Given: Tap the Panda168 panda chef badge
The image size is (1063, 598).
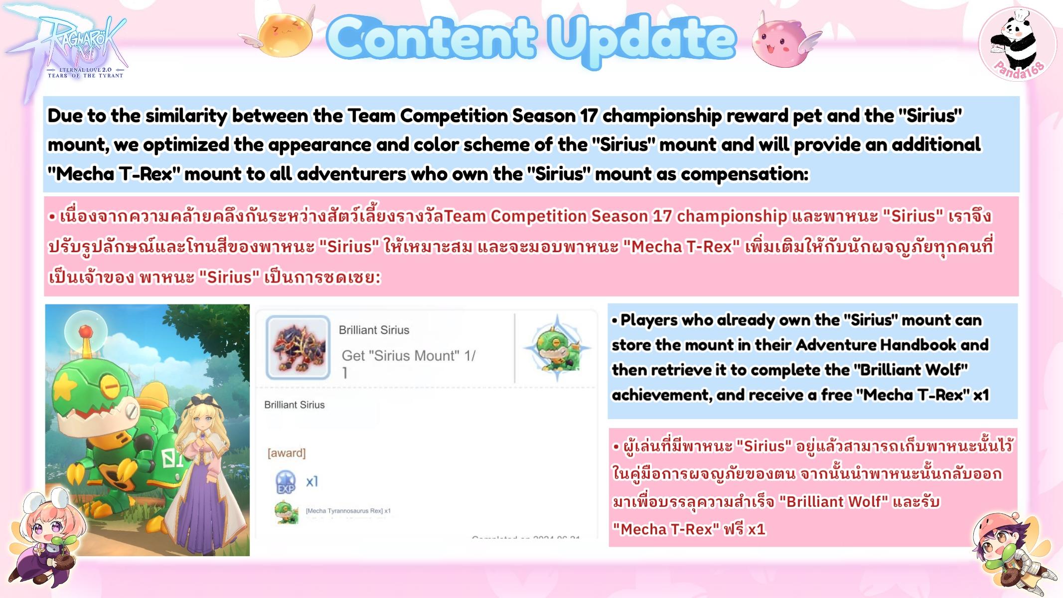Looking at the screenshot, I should point(1017,45).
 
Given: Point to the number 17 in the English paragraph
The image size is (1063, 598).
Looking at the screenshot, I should point(589,116).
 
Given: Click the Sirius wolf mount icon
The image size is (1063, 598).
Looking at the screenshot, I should point(298,347).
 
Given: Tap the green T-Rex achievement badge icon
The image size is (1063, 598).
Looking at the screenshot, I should point(557,347).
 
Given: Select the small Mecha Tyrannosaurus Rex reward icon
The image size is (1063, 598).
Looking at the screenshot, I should point(286,512).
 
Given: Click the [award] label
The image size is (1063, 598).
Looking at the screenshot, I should point(287,453).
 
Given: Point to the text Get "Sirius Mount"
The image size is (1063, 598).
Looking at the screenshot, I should point(393,356).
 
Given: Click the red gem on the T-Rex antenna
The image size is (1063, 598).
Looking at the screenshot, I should point(86,330).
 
